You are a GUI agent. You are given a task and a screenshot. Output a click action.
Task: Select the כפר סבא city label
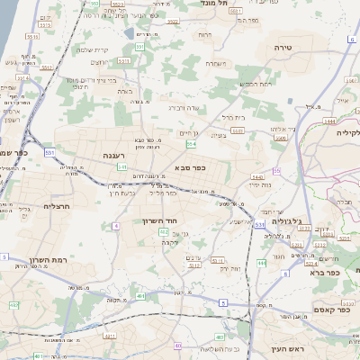pos(193,167)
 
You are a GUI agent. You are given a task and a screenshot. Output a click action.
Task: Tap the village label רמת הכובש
pos(255,84)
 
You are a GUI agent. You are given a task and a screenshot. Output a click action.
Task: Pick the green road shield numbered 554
pos(191,144)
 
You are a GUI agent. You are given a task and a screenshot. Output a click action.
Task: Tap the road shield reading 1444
pos(328,119)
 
